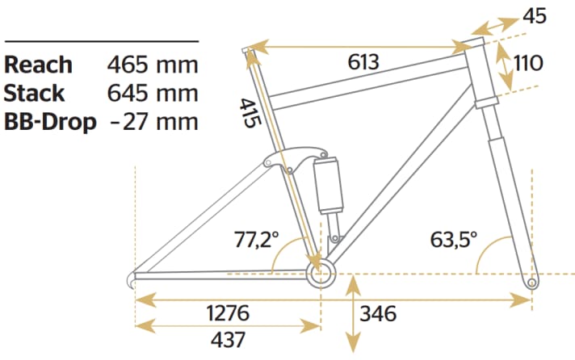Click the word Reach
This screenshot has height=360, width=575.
coord(38,65)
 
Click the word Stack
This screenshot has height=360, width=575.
coord(34,93)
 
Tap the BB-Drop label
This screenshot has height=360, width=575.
coord(50,122)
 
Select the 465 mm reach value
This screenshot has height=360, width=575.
coord(153,65)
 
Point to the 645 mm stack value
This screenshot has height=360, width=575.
coord(153,93)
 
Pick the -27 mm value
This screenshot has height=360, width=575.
coord(154,122)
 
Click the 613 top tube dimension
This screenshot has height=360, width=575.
coord(363,62)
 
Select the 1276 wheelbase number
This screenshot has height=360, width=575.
coord(228,313)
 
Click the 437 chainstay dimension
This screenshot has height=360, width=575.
coord(228,340)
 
